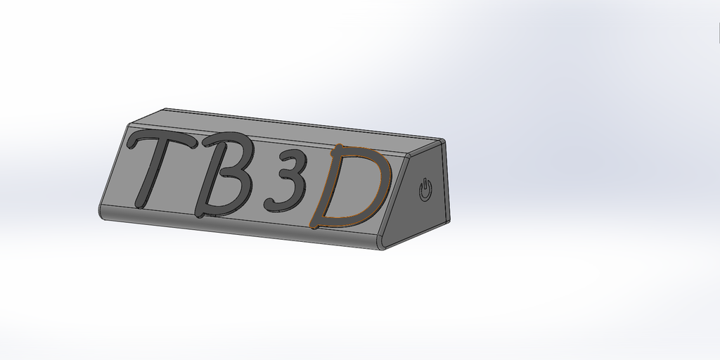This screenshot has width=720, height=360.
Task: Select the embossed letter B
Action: [225, 174]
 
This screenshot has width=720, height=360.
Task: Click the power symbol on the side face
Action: [425, 190]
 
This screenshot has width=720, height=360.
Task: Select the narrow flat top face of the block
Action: [281, 124]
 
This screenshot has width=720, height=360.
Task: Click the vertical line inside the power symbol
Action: [425, 186]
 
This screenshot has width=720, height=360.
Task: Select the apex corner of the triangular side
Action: [445, 140]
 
